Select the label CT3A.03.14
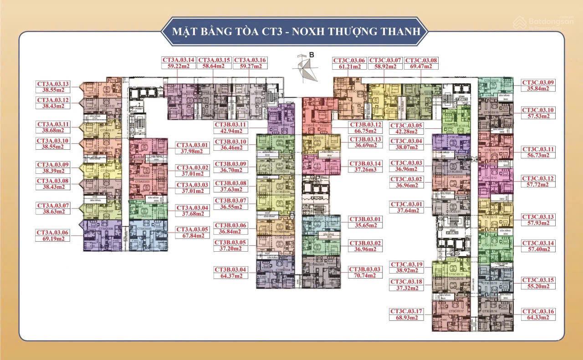pyautogui.click(x=179, y=60)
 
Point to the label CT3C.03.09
pyautogui.click(x=538, y=82)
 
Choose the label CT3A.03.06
pyautogui.click(x=53, y=232)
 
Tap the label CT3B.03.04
pyautogui.click(x=231, y=269)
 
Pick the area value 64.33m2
pyautogui.click(x=538, y=318)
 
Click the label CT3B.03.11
pyautogui.click(x=231, y=124)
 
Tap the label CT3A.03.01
pyautogui.click(x=192, y=145)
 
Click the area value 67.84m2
pyautogui.click(x=192, y=236)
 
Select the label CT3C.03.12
pyautogui.click(x=538, y=178)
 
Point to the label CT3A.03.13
pyautogui.click(x=53, y=84)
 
